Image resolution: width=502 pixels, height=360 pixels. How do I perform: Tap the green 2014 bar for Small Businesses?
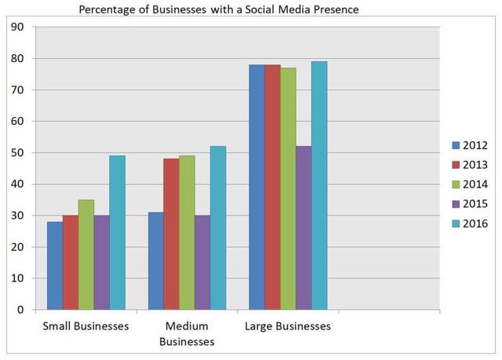pos(86,254)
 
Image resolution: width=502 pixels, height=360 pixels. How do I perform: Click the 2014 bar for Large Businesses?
pos(288,188)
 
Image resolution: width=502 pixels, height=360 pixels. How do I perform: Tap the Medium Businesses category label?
pos(187,333)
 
